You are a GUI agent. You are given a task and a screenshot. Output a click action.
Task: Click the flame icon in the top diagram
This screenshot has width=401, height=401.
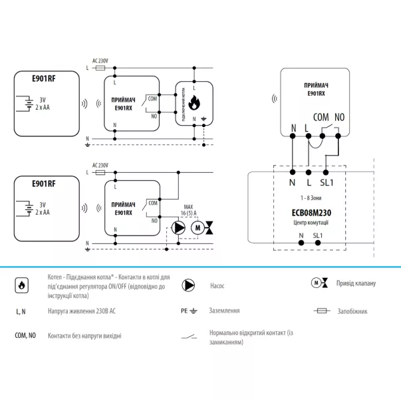[194, 104]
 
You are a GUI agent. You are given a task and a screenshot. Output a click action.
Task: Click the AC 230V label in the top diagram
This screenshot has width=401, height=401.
[100, 61]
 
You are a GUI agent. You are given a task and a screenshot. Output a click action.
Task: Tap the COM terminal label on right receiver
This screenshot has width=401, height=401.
[321, 116]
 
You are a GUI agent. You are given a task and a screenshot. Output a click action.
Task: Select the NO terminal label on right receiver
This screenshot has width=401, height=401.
[340, 116]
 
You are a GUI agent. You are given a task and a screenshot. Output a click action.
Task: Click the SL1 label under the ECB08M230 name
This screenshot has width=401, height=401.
[317, 235]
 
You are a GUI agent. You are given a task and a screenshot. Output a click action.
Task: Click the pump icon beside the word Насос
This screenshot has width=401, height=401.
[188, 286]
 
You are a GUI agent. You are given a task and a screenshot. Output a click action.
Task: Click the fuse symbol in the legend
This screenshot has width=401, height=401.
[321, 311]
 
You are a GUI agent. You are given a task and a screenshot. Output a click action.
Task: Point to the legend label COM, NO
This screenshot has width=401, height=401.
[26, 336]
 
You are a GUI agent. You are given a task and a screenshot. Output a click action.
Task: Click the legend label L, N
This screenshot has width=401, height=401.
[21, 311]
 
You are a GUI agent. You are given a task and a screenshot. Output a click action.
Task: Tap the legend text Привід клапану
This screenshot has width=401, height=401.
[356, 283]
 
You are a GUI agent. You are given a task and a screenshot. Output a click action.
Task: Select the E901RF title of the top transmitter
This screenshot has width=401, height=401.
[44, 77]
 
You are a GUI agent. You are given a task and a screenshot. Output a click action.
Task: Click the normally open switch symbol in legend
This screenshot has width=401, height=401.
[188, 336]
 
